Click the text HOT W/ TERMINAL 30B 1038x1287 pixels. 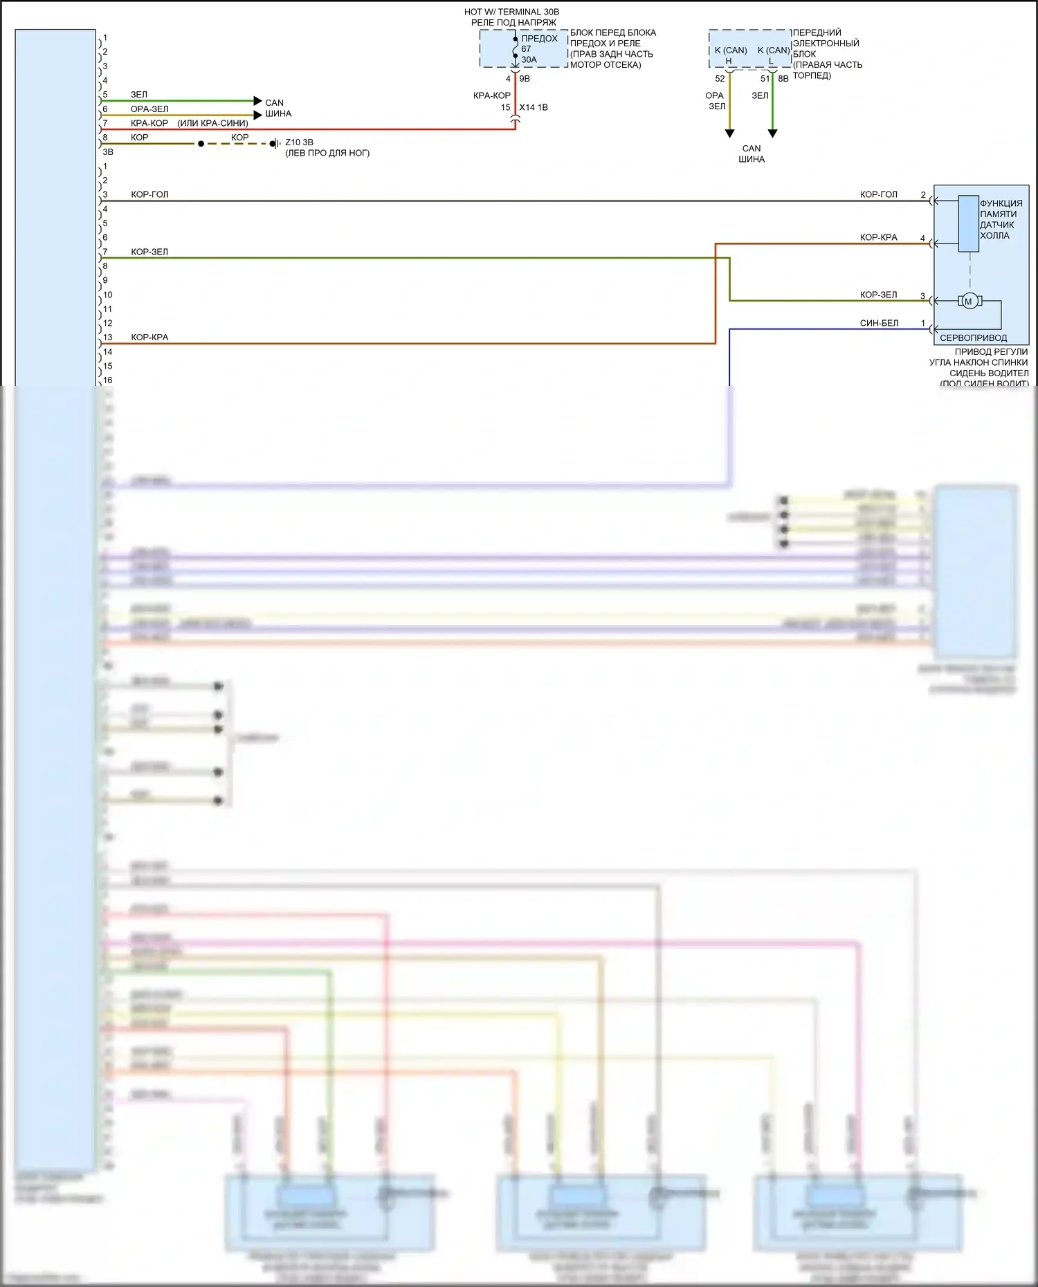click(511, 12)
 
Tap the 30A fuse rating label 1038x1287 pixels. click(529, 59)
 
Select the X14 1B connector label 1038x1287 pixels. click(534, 107)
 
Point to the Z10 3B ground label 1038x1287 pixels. click(299, 142)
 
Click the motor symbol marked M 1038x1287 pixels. click(969, 301)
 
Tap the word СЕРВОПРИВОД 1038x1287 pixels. click(973, 338)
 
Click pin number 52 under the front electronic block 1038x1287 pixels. click(720, 79)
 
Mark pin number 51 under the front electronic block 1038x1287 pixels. click(765, 79)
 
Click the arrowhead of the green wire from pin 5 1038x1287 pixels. click(258, 101)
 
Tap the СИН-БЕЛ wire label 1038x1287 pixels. click(879, 323)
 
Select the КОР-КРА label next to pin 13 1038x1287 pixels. click(149, 337)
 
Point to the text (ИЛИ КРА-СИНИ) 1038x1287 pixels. click(212, 123)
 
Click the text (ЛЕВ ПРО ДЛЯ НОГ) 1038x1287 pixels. click(327, 153)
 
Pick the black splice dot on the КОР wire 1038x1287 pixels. click(201, 144)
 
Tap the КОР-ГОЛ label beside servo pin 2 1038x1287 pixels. click(878, 194)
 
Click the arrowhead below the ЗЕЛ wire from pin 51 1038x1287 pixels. click(773, 133)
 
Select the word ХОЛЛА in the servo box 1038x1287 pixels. click(994, 236)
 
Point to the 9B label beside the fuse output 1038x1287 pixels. click(525, 79)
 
